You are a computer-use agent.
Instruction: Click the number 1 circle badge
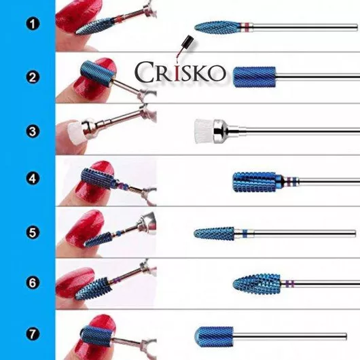[x=33, y=24]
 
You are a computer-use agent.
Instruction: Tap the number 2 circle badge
[x=33, y=77]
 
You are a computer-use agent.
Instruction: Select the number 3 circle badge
[x=33, y=131]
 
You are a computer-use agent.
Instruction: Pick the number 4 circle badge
[x=33, y=179]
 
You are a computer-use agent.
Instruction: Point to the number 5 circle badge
[x=33, y=232]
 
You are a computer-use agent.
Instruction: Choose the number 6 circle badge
[x=33, y=283]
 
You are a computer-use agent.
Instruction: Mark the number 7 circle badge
[x=33, y=334]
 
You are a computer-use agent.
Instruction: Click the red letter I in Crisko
[x=177, y=72]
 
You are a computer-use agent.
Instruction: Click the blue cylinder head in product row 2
[x=254, y=77]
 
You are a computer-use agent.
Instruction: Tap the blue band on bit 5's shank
[x=245, y=234]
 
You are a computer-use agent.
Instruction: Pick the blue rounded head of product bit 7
[x=213, y=337]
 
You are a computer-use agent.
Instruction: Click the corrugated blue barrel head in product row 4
[x=255, y=182]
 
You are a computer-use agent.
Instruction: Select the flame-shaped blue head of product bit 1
[x=217, y=28]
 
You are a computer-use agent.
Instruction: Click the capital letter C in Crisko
[x=144, y=72]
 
